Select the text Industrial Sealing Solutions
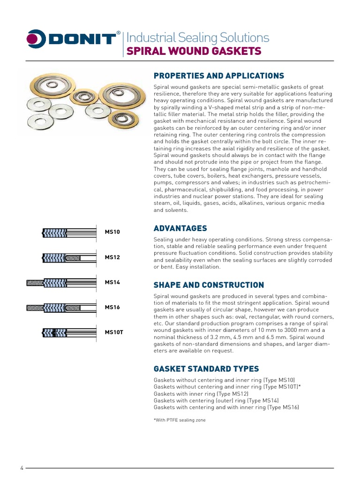pos(198,37)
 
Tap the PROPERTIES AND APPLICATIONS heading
pos(219,75)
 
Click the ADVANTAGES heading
pos(180,228)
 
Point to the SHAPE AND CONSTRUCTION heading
pos(209,285)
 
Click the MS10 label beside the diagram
pos(112,232)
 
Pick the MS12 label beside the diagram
pos(112,257)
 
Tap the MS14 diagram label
pos(112,282)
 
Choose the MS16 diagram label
pos(112,307)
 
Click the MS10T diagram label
pos(114,332)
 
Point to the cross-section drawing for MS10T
pos(70,333)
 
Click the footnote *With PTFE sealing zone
pos(180,420)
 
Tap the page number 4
pos(22,468)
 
